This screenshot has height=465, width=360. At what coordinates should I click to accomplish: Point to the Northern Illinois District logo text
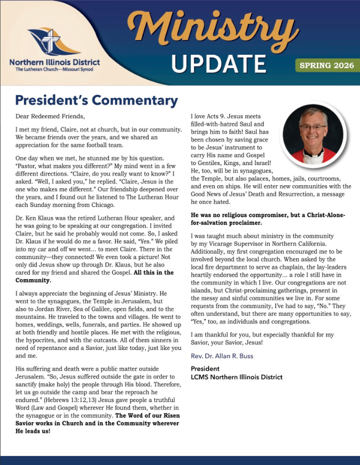[x=54, y=62]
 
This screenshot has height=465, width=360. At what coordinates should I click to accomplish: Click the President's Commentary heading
[x=96, y=99]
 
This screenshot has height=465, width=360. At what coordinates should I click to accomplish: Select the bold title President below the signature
[x=205, y=368]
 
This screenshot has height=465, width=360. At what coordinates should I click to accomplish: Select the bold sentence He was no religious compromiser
[x=268, y=215]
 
